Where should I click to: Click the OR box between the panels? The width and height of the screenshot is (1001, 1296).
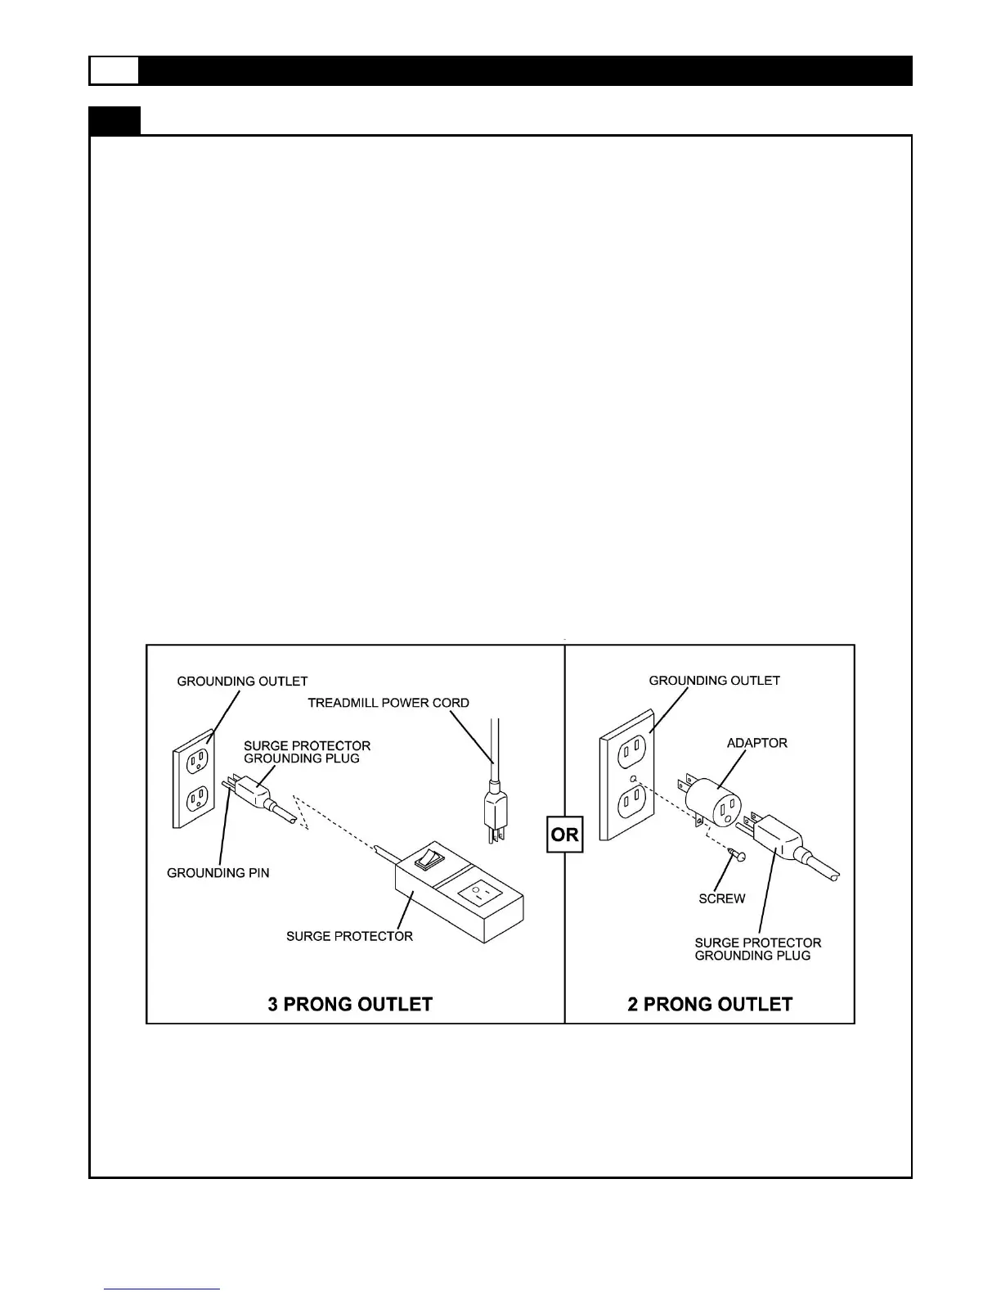click(564, 835)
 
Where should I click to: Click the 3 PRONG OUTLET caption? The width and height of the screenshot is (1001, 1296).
click(350, 1004)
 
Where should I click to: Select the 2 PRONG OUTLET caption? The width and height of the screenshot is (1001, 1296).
click(710, 1004)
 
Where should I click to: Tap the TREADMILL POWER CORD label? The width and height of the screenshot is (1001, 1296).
click(388, 703)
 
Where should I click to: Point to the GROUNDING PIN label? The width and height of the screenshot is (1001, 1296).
click(218, 873)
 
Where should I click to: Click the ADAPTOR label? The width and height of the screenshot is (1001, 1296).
click(757, 743)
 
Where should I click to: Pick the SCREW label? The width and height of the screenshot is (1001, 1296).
click(721, 898)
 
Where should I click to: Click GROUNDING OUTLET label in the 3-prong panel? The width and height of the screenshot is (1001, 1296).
click(242, 681)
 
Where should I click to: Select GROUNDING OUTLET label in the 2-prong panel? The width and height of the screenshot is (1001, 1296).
click(714, 680)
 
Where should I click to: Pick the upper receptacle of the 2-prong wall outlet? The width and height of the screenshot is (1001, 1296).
click(626, 749)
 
